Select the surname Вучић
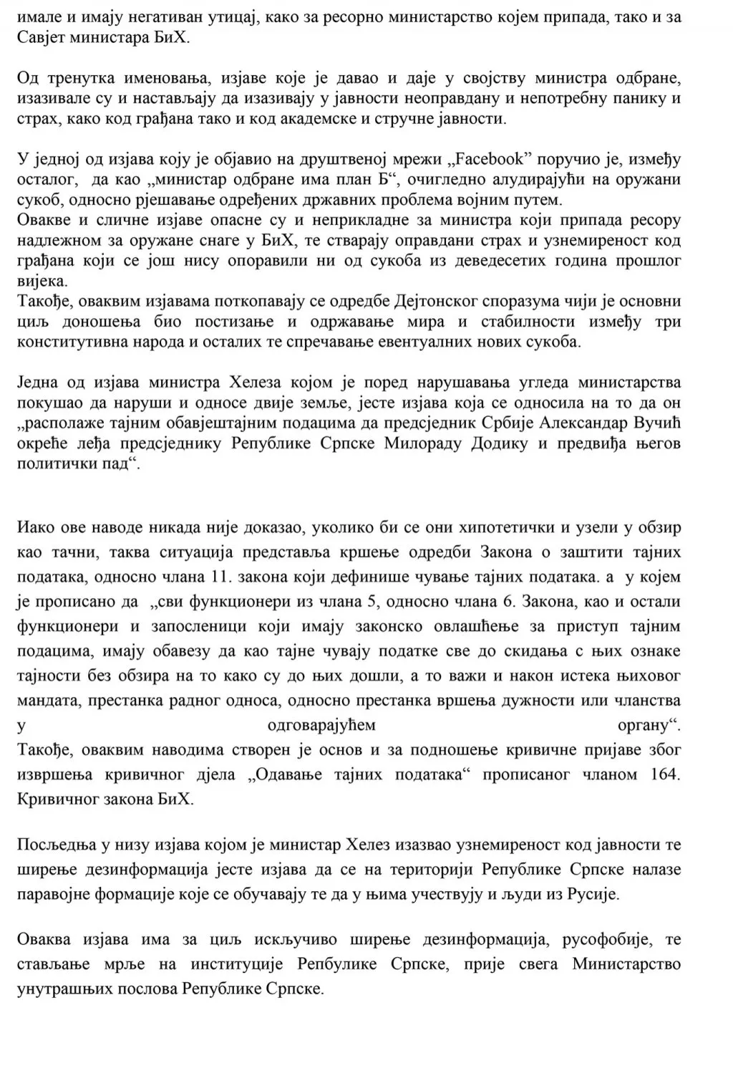tap(654, 423)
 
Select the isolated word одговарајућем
tap(321, 726)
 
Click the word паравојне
tap(55, 894)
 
